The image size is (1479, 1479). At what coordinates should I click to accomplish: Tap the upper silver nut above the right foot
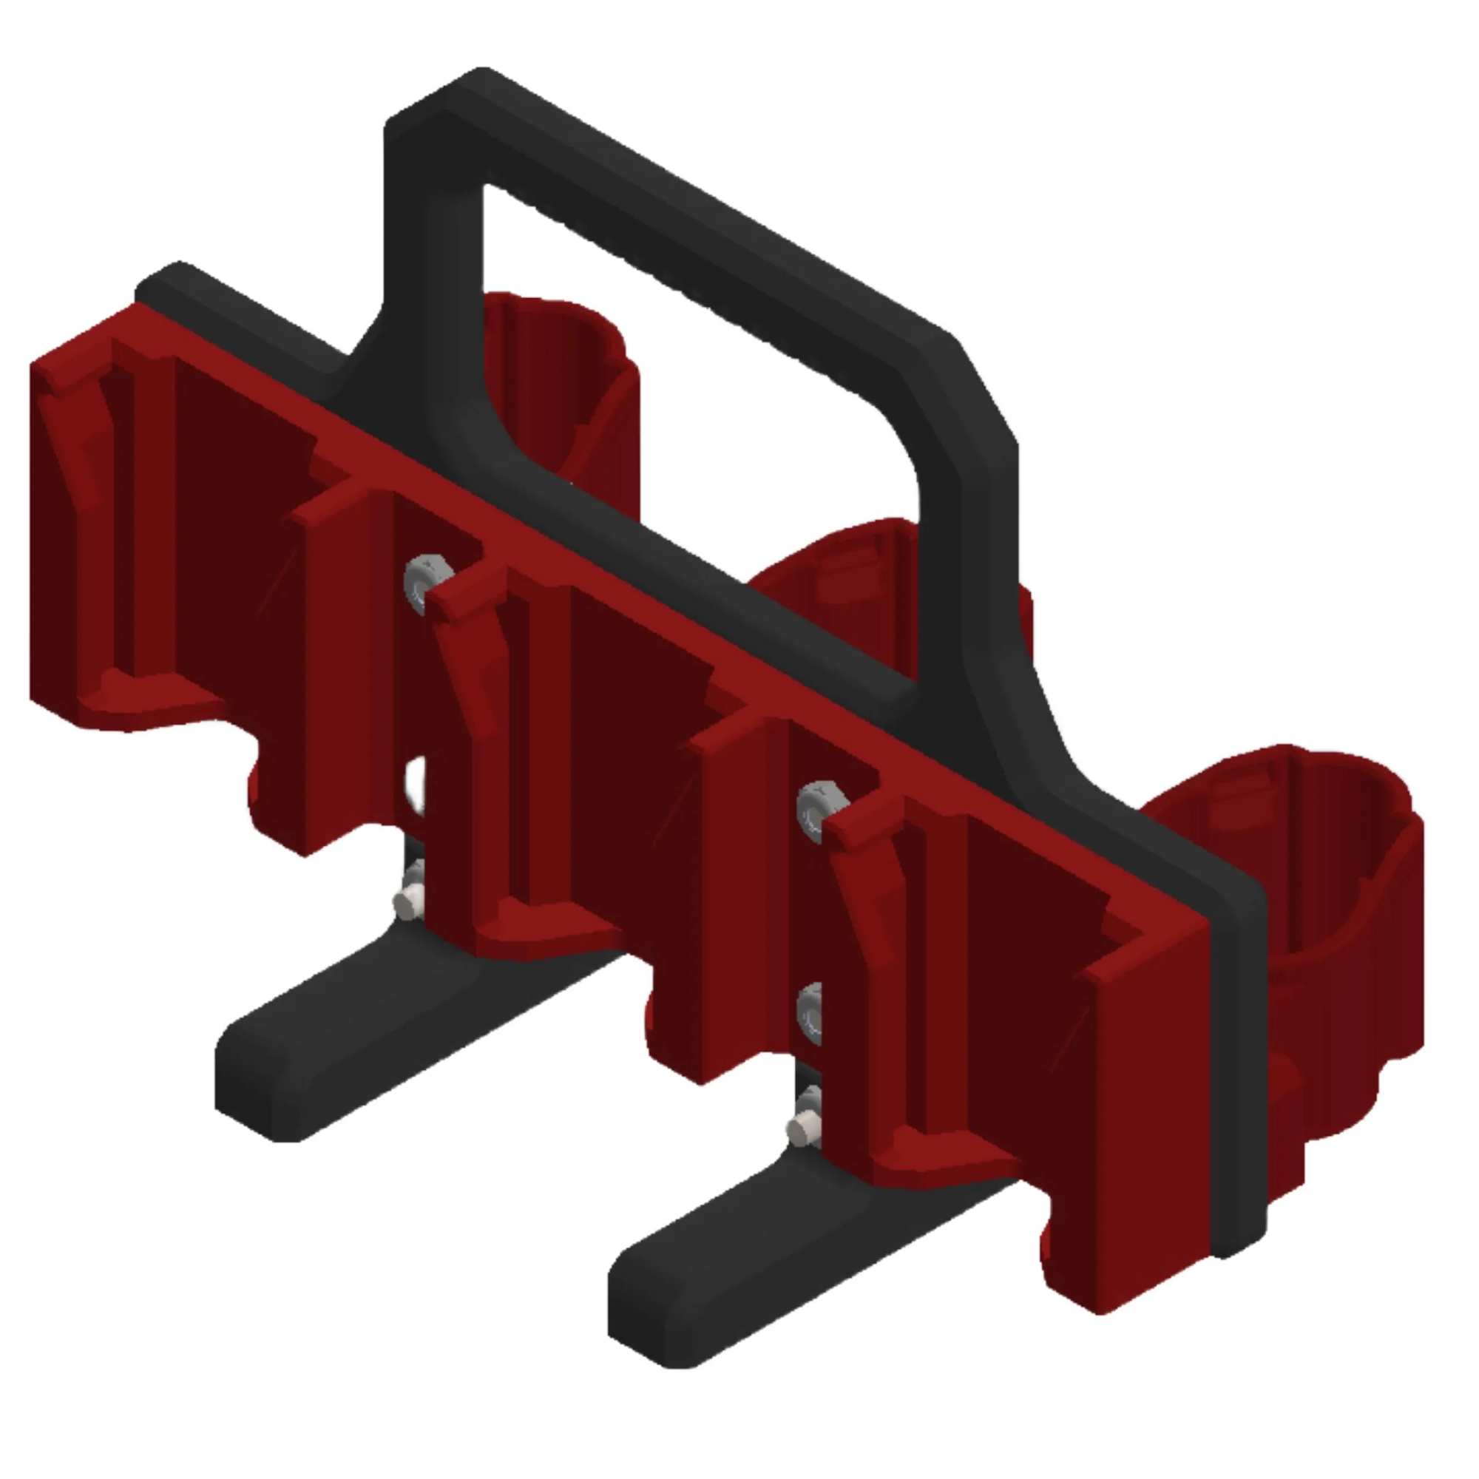coord(818,810)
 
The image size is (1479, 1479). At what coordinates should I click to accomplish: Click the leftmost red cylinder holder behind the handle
coord(566,383)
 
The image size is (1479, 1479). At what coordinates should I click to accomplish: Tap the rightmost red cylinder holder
coord(1317,918)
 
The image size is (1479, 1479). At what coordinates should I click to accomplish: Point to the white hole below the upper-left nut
coord(415,785)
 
